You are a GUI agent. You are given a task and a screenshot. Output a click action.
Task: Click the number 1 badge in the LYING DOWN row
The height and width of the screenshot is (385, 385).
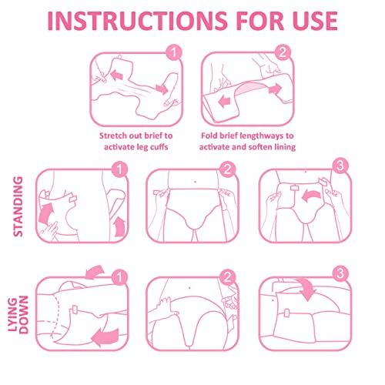pos(119,276)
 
